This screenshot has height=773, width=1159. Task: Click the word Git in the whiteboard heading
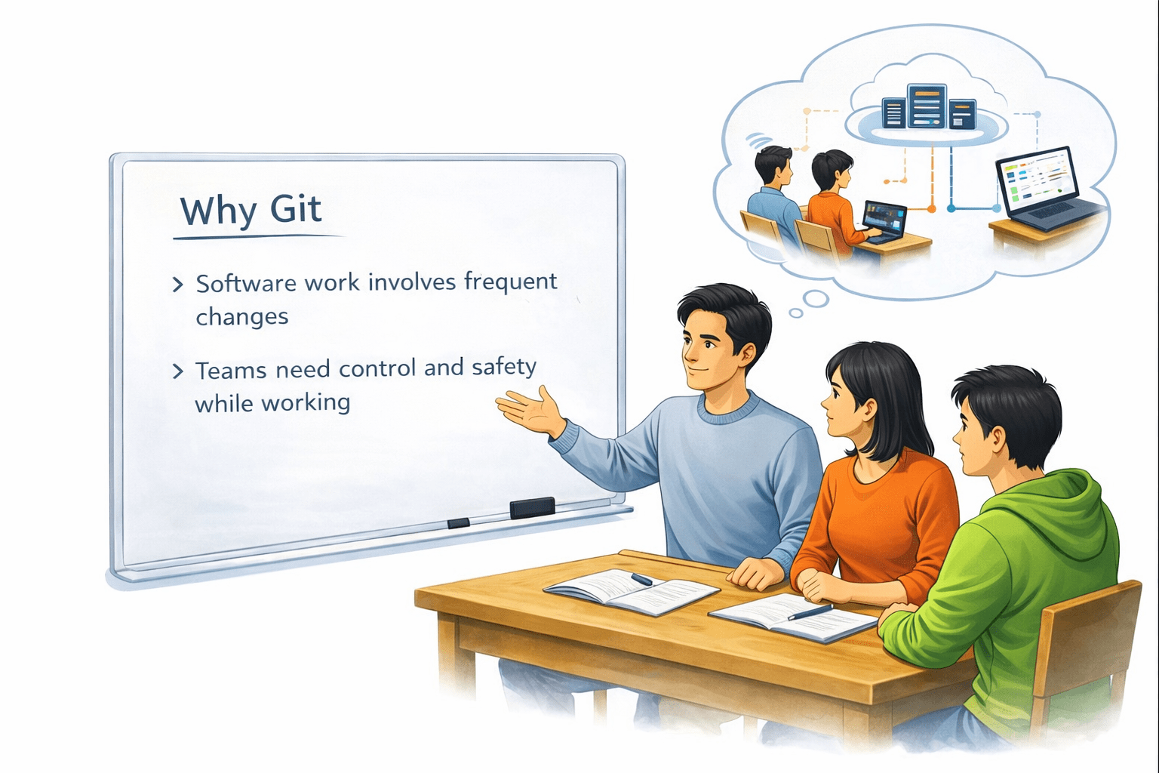point(296,210)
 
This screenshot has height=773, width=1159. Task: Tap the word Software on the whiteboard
point(246,284)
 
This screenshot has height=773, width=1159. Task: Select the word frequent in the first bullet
point(510,282)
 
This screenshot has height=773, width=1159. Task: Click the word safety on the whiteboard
point(503,368)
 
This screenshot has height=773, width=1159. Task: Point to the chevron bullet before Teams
point(178,371)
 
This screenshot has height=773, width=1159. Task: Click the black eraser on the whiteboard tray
point(532,507)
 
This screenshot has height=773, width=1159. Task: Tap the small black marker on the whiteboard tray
point(458,523)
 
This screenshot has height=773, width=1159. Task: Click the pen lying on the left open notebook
point(641,579)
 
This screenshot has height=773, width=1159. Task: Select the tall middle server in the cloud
point(927,105)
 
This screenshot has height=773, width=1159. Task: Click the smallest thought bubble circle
point(795,313)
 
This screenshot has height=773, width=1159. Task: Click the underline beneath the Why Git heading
point(257,238)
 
